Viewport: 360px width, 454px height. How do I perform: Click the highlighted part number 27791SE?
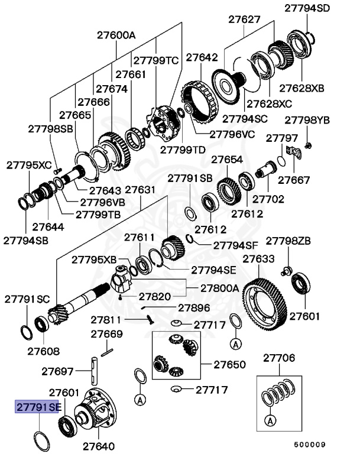point(38,407)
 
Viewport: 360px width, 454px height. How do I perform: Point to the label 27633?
point(258,259)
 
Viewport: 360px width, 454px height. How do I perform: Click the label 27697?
point(57,371)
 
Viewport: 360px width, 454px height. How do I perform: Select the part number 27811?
point(106,320)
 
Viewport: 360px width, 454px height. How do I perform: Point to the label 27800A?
point(219,288)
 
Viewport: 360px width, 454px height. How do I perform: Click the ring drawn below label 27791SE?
point(41,440)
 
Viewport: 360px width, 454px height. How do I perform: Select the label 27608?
point(43,351)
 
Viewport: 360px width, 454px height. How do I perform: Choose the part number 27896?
point(194,307)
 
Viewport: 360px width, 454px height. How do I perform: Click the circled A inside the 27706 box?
point(270,421)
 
